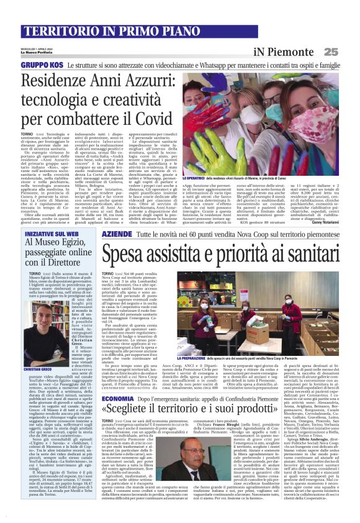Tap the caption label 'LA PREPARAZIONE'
(x=197, y=358)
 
